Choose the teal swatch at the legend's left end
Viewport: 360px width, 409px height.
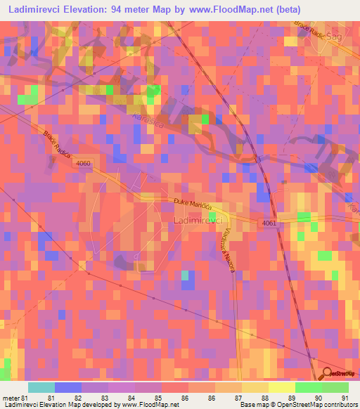(x=41, y=387)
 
